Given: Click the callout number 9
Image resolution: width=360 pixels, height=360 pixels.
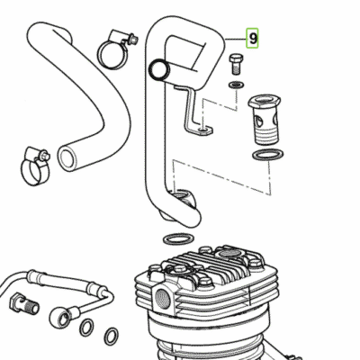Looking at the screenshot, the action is point(253,39).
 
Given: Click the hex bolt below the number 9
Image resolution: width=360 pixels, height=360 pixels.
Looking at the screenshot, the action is point(236,64).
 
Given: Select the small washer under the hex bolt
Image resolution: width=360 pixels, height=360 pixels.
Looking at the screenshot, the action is point(236,85).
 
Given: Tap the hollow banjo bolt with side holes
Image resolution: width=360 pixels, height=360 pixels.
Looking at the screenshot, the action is point(265,120).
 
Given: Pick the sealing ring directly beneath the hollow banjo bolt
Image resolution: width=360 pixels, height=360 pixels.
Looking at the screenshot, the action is point(268,155).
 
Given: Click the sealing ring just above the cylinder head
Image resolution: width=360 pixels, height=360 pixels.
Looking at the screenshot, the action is point(178,239).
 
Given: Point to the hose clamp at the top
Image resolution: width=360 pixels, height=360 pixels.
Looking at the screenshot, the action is point(115,49).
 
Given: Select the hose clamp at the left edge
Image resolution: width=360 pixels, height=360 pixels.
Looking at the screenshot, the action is point(35,166).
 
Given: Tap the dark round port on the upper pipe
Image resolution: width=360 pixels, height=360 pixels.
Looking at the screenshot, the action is point(159,70).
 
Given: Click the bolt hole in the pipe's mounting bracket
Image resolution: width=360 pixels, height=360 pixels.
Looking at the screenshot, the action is point(203,130).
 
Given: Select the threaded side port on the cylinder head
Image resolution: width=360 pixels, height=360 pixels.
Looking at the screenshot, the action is point(163,300).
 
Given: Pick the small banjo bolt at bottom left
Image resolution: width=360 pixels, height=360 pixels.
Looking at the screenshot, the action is point(24,303).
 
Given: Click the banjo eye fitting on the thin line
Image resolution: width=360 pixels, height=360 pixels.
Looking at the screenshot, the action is point(61,317).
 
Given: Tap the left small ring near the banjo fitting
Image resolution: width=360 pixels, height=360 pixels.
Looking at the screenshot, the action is point(86,328).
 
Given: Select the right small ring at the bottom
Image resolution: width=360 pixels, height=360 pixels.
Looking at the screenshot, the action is point(111,336).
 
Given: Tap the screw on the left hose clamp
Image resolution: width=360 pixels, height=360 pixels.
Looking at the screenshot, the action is point(46,156).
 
